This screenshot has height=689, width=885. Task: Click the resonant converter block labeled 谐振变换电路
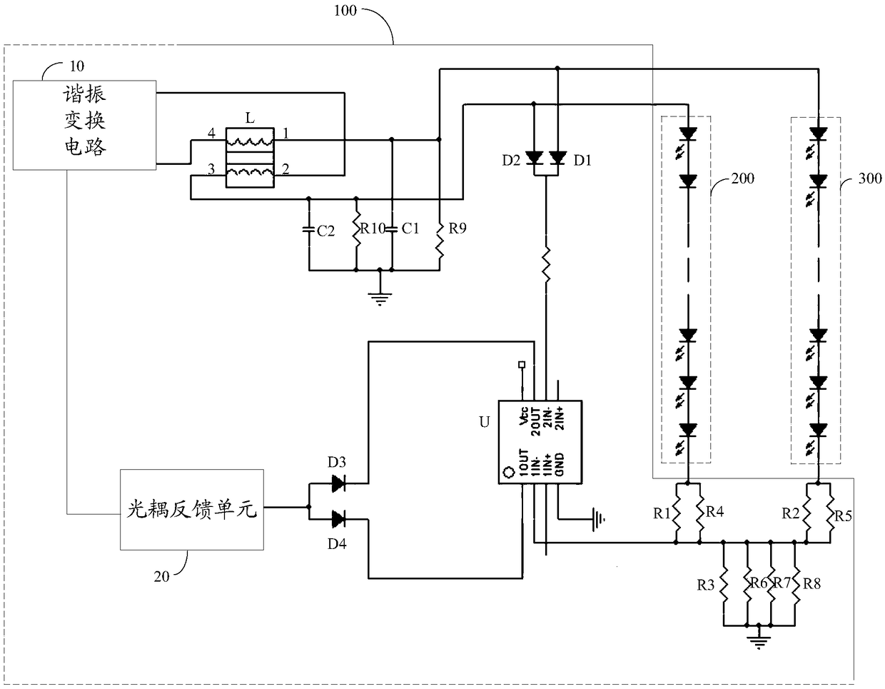[84, 125]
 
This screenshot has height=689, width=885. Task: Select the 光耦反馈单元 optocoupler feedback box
[192, 510]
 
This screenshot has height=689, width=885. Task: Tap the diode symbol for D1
[558, 158]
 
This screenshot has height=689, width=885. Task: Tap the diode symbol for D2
[534, 158]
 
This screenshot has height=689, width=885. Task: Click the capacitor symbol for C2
[309, 230]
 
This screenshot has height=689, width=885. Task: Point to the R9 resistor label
[457, 228]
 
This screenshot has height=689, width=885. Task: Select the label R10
[373, 228]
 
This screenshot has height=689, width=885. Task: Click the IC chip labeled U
[540, 442]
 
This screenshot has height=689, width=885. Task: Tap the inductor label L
[250, 118]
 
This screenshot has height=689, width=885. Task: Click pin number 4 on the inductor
[211, 133]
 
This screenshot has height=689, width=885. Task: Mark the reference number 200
[742, 178]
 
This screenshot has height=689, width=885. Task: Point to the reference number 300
[870, 178]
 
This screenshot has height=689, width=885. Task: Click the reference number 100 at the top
[345, 11]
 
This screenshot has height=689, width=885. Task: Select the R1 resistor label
[662, 514]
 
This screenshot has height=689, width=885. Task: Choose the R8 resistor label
[811, 584]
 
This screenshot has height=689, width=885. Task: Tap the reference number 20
[162, 576]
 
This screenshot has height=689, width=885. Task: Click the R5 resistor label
[843, 516]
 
